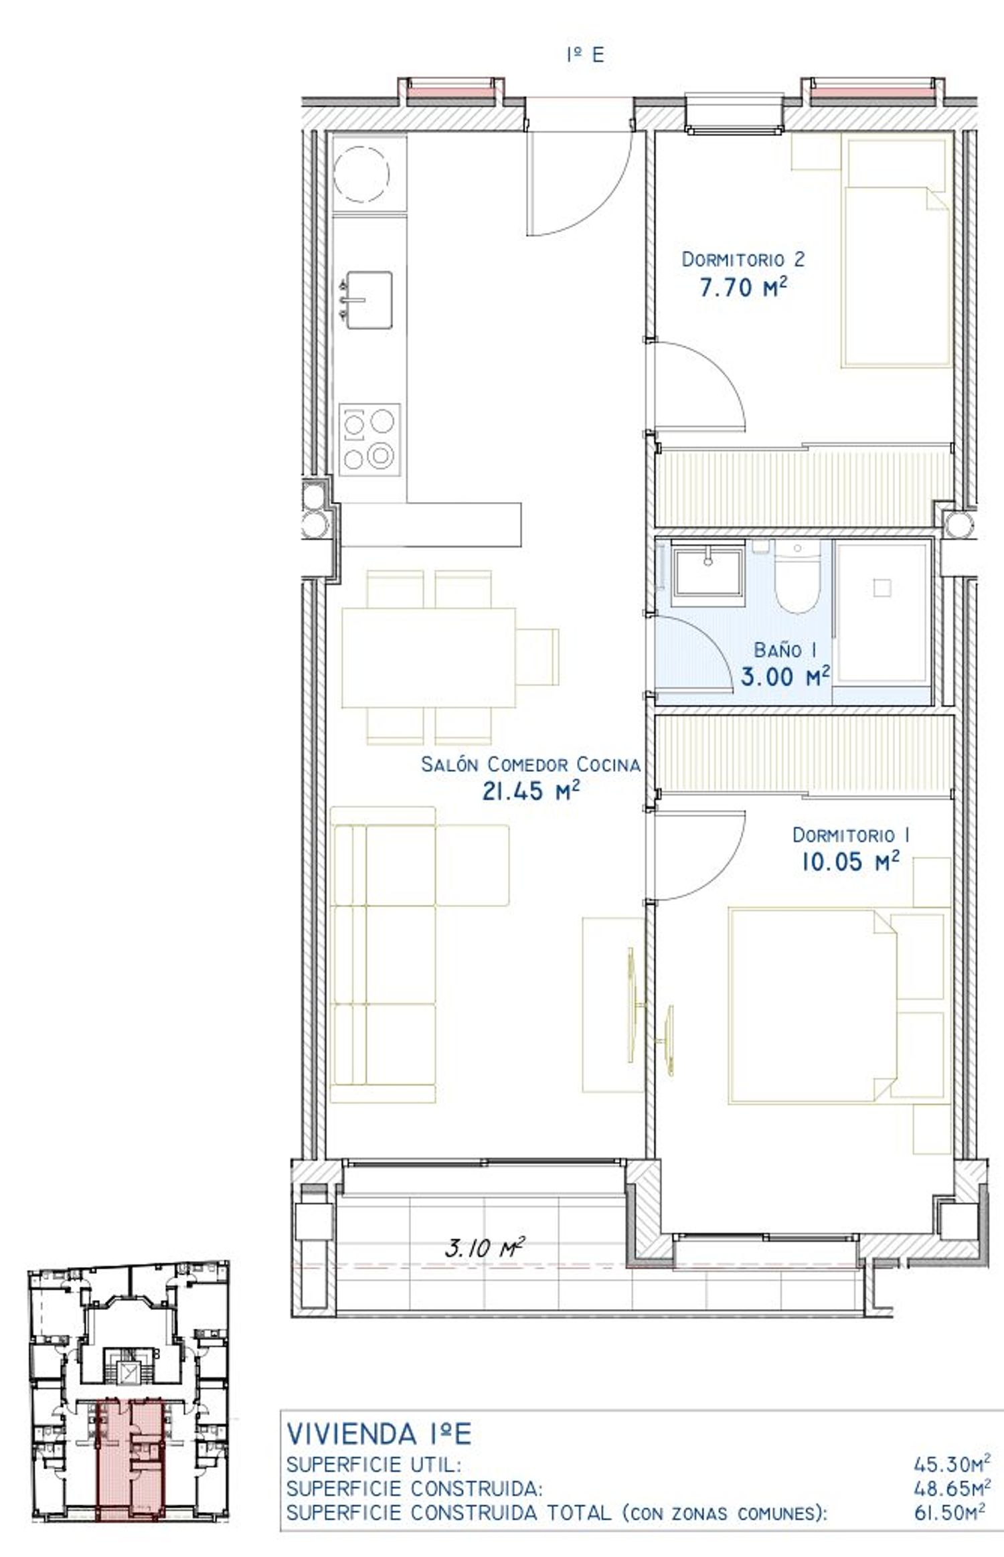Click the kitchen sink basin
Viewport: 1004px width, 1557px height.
(x=367, y=300)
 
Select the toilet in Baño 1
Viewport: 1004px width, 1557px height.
(x=797, y=578)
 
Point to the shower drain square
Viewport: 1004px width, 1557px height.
(x=882, y=588)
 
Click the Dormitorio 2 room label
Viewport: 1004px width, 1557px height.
(x=743, y=259)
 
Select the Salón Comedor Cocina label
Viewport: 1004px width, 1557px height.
(x=530, y=764)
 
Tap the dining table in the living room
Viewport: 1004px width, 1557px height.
(x=428, y=657)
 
